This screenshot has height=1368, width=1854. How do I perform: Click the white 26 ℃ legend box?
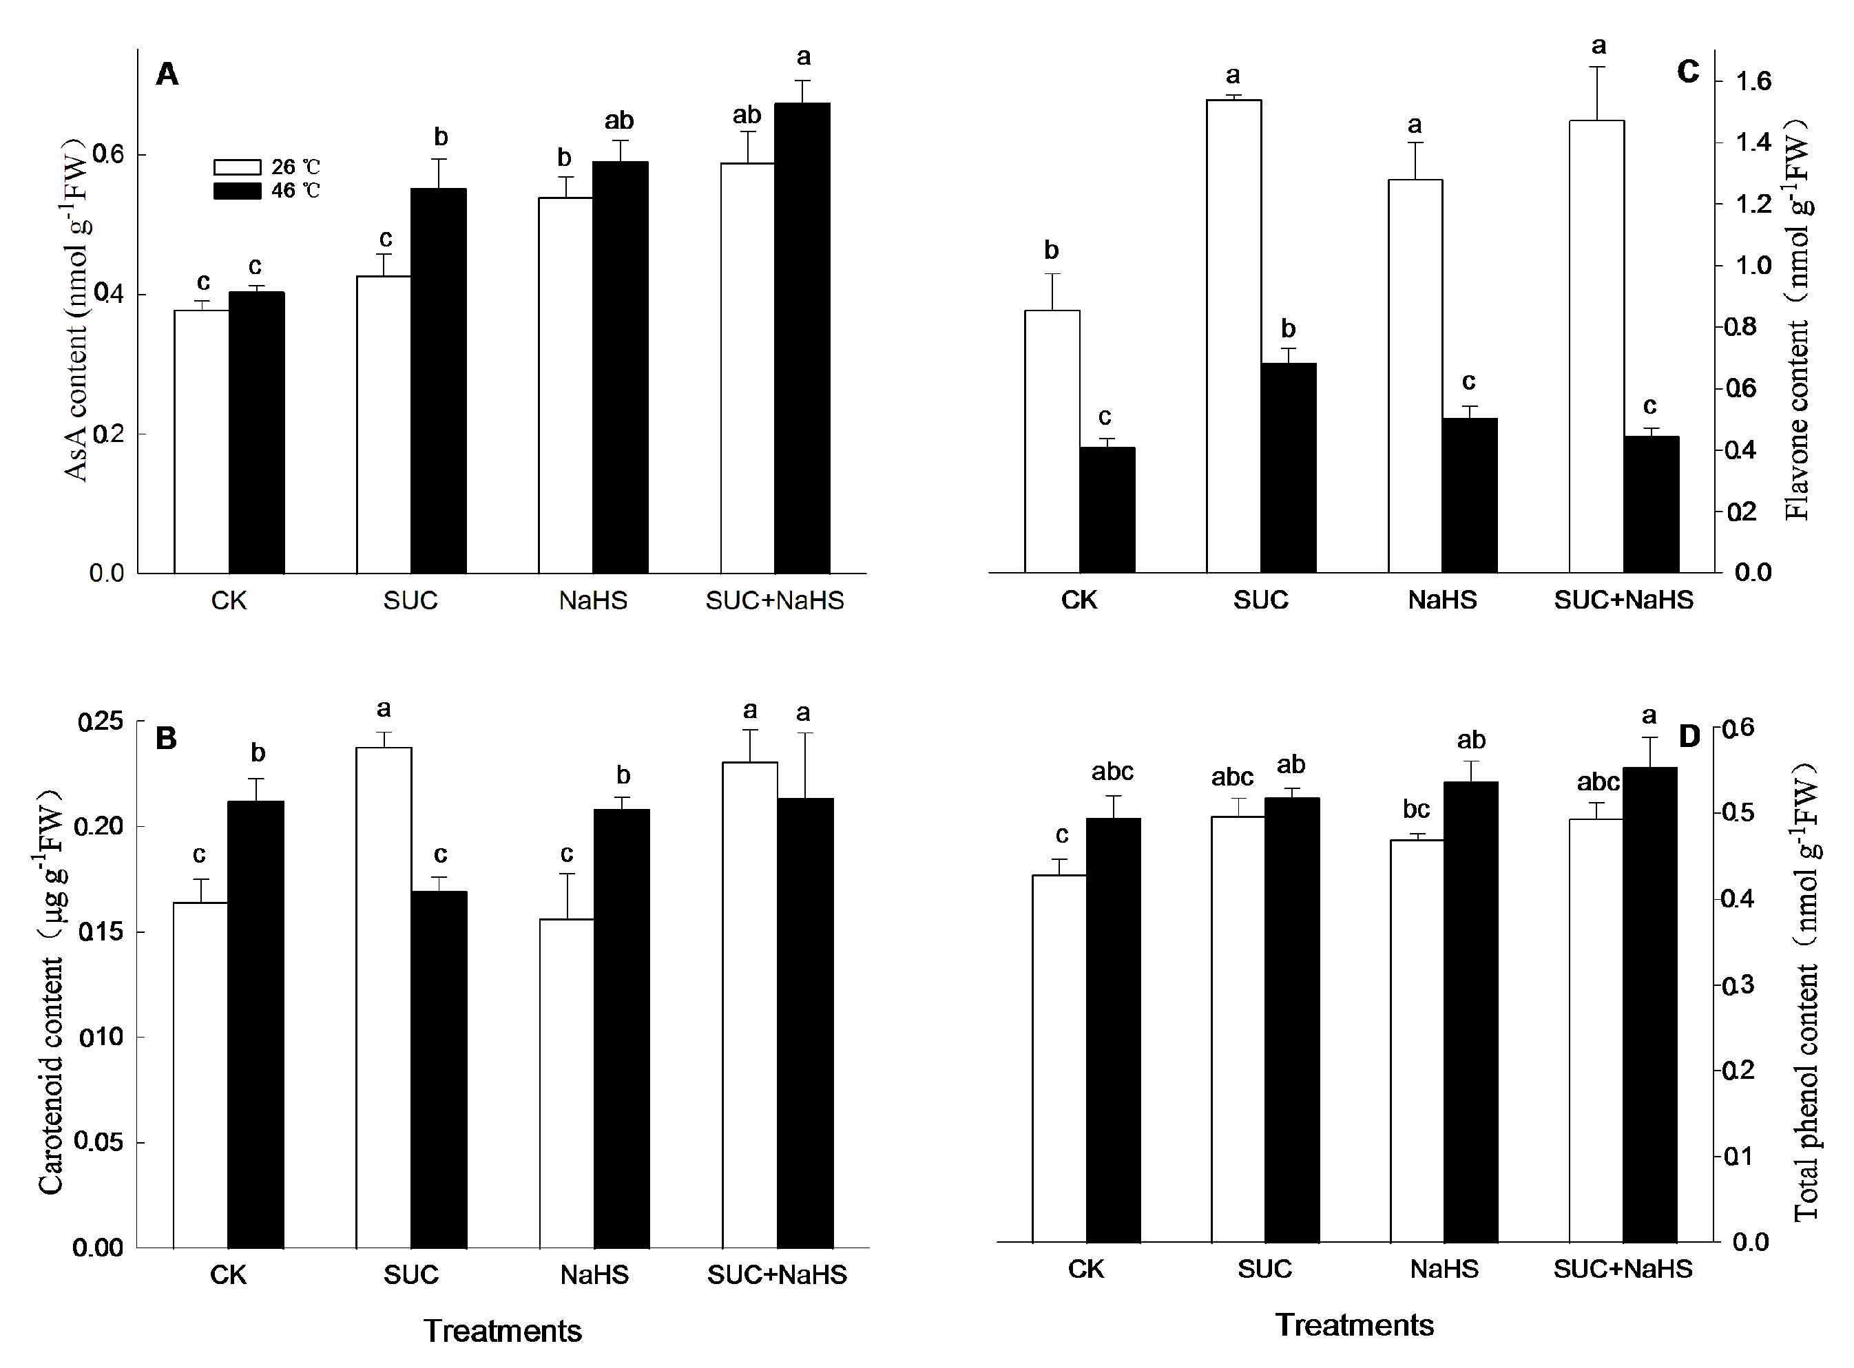tap(237, 167)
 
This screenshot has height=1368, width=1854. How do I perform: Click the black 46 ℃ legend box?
tap(237, 191)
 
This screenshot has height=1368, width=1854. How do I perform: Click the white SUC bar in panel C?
tap(1233, 335)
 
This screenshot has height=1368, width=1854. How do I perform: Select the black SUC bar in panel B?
tap(439, 1069)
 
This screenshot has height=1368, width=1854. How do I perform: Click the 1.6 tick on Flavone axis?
tap(1752, 81)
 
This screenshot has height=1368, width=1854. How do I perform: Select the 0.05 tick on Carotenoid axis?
tap(98, 1142)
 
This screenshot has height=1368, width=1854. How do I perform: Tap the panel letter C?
tap(1687, 72)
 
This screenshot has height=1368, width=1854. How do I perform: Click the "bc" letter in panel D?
tap(1416, 809)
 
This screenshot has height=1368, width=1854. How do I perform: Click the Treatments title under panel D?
tap(1353, 1325)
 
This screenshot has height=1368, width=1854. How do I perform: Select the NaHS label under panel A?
tap(593, 600)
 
